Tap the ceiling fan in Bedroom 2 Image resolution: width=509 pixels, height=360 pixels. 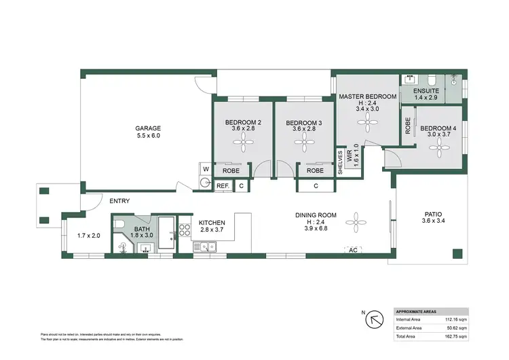click(x=243, y=143)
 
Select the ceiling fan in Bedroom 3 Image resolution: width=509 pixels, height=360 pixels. click(x=303, y=143)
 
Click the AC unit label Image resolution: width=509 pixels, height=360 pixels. click(x=352, y=249)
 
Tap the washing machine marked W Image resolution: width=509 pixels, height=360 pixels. click(x=205, y=168)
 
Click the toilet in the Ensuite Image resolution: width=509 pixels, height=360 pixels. click(x=434, y=78)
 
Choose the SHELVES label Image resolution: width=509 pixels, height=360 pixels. click(x=341, y=163)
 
